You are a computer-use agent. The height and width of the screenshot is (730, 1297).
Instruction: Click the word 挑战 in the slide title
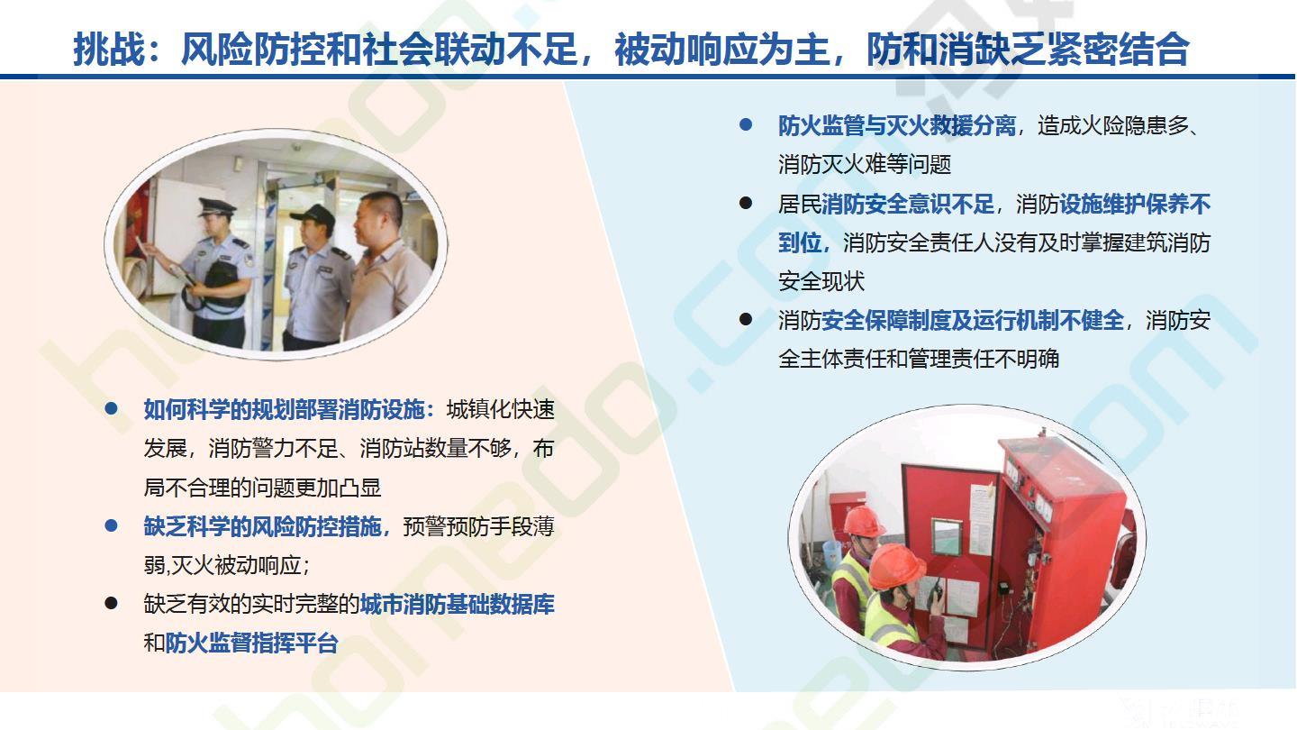tap(109, 49)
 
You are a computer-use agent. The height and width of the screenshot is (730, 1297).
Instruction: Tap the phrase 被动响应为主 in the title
tap(721, 49)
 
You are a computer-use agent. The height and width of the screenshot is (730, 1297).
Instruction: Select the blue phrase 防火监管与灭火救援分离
tap(897, 126)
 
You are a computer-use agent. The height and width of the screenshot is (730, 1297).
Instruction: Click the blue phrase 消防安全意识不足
tap(907, 204)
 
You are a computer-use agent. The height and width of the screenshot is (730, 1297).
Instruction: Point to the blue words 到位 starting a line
tap(800, 242)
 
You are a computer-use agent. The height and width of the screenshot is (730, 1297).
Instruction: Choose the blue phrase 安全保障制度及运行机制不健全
tap(973, 321)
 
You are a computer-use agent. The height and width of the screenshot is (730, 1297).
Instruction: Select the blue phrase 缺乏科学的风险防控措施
tap(262, 526)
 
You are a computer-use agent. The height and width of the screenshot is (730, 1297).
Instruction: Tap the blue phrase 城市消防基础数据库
tap(458, 604)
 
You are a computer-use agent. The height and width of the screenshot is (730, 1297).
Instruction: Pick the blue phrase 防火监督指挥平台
tap(251, 643)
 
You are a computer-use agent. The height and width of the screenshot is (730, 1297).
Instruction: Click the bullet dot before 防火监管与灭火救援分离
tap(746, 124)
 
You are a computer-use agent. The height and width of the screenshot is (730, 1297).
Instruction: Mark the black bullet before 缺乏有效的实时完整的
tap(111, 603)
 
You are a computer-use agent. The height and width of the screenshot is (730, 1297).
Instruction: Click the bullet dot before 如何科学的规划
tap(111, 408)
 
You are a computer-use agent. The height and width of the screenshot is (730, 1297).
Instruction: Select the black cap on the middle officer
tap(313, 215)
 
